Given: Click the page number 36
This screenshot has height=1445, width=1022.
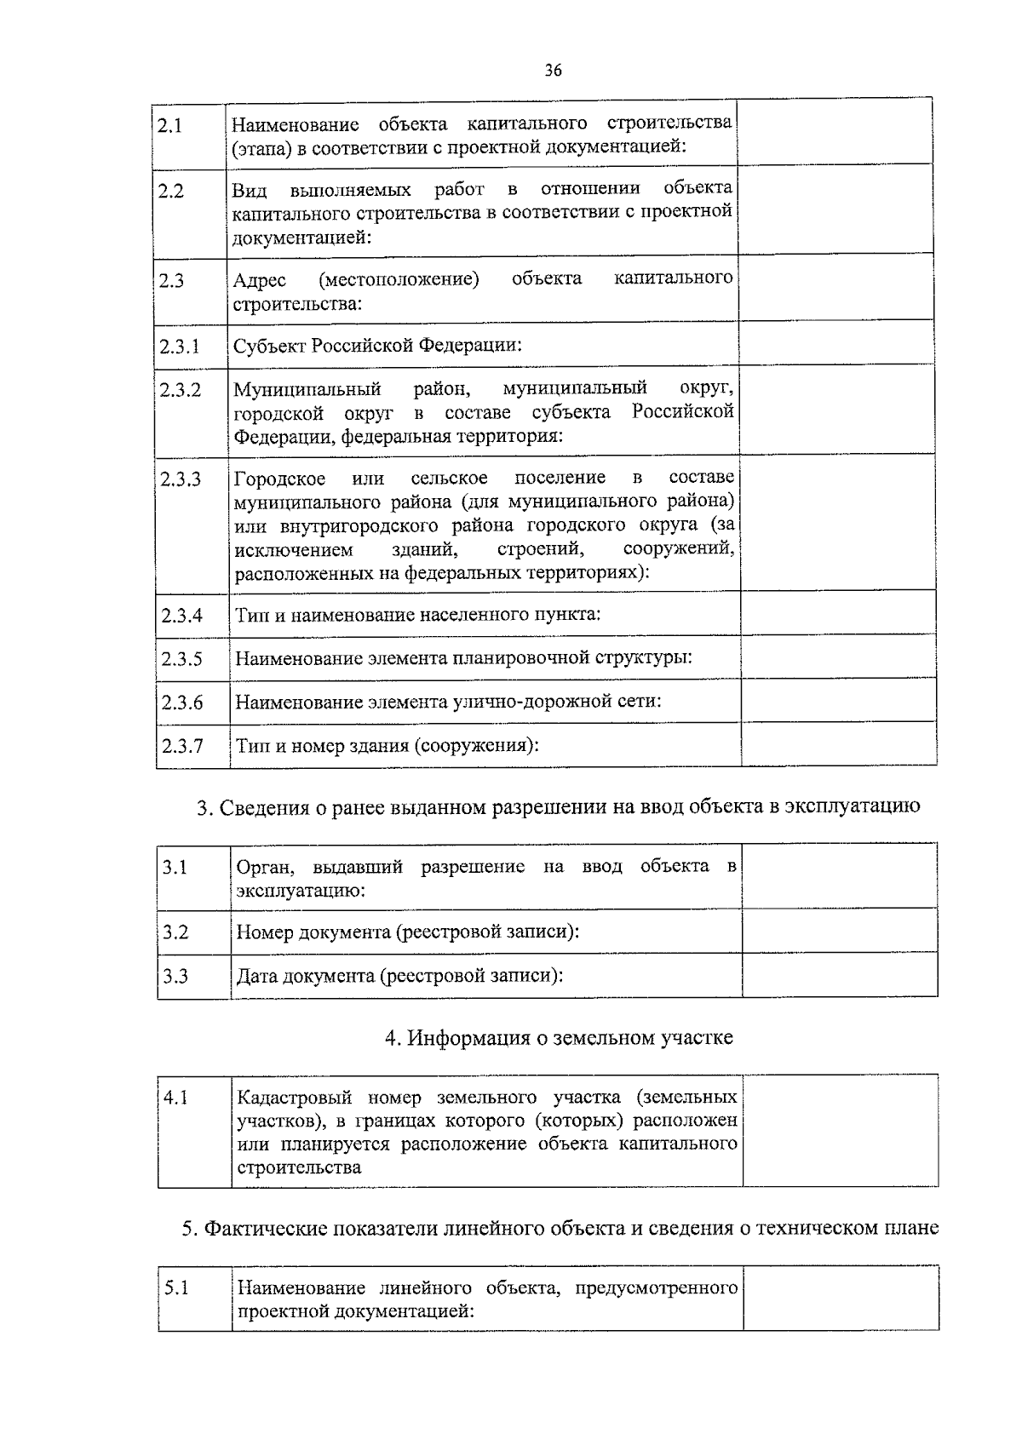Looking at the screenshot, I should [554, 71].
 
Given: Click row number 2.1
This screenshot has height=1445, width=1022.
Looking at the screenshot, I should [171, 125].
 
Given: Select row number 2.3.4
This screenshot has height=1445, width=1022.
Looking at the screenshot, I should [181, 615].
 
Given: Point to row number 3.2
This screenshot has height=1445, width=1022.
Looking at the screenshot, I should [175, 932].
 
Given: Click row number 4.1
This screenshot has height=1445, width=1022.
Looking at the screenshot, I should [176, 1098].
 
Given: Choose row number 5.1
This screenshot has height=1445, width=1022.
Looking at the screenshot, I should [176, 1288].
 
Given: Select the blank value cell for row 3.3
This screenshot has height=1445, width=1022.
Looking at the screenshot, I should [839, 975].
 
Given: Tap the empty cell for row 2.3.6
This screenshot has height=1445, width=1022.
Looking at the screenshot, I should [838, 701].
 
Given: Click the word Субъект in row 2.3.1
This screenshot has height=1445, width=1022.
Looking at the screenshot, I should [269, 346].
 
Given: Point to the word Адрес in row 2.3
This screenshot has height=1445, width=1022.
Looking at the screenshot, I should [260, 280].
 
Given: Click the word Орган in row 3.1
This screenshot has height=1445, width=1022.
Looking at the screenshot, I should [266, 867].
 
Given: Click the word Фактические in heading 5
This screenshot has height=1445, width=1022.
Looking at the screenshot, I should [266, 1228].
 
